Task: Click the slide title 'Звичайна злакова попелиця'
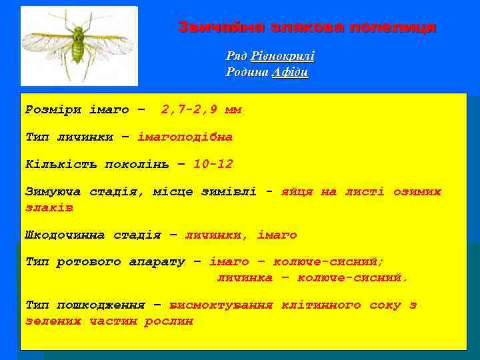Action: coord(307,27)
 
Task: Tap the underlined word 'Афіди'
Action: coord(290,73)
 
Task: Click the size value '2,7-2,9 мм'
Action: coord(201,110)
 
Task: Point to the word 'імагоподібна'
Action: coord(185,137)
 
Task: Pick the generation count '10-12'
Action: coord(213,164)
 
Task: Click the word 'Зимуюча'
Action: coord(53,191)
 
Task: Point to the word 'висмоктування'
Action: coord(221,305)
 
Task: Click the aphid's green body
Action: coord(79,47)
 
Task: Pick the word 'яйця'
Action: coord(298,191)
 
